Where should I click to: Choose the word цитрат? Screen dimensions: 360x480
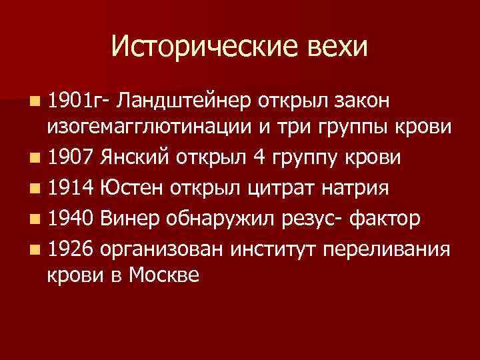click(273, 188)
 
